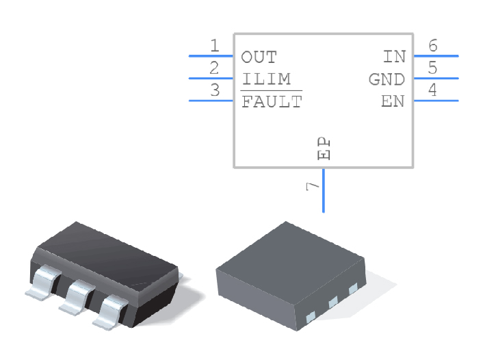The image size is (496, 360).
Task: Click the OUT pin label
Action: tap(259, 57)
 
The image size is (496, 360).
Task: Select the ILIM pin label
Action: tap(265, 79)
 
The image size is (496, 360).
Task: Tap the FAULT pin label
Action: tap(271, 103)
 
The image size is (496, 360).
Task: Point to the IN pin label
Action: tap(394, 57)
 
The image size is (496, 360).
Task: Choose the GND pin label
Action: tap(387, 79)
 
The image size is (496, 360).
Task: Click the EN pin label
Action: tap(393, 102)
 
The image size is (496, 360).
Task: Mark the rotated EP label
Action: tap(324, 148)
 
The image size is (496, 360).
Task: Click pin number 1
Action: tap(215, 46)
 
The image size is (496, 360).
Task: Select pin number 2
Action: tap(215, 68)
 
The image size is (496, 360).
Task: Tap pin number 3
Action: tap(215, 90)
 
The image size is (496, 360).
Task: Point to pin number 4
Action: tap(432, 90)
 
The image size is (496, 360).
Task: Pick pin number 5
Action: tap(432, 68)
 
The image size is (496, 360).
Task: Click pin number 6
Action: tap(432, 46)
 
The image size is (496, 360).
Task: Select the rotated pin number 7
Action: tap(313, 186)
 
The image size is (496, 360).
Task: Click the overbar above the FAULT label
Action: tap(271, 91)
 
